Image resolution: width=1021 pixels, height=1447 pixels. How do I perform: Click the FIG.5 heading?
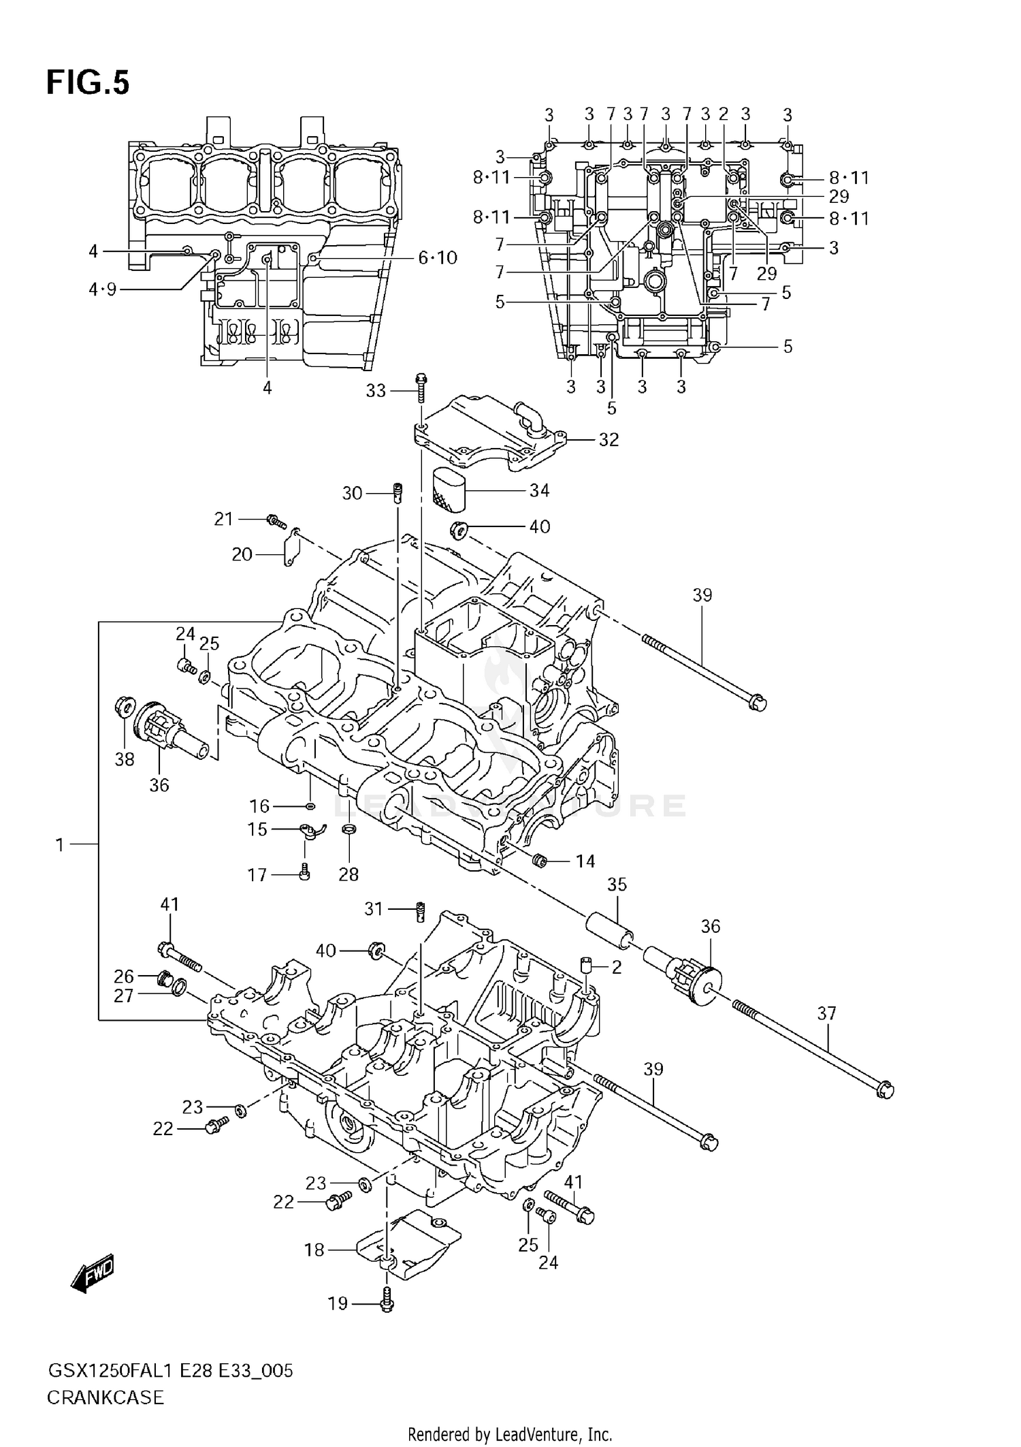pos(87,83)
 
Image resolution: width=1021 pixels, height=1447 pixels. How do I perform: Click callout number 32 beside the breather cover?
pos(609,440)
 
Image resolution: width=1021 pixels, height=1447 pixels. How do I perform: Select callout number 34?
pos(539,490)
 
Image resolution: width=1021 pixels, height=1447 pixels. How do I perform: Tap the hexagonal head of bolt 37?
pos(885,1090)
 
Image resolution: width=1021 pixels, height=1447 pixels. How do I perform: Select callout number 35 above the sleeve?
pos(617,885)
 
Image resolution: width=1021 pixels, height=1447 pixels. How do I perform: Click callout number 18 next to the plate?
pos(314,1250)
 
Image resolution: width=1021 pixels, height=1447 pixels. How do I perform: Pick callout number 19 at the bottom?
pos(338,1303)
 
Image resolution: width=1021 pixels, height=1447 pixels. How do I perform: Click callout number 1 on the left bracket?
pos(60,845)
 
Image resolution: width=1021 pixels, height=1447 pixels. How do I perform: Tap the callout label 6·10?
pos(438,258)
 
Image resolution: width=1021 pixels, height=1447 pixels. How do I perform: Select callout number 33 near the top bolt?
pos(376,391)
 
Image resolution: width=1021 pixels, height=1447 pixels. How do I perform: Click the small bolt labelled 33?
pos(421,385)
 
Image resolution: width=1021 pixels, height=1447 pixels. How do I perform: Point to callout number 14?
pos(585,861)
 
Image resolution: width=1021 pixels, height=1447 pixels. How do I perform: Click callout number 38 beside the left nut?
pos(125,759)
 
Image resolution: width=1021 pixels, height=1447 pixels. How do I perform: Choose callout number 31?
pos(374,909)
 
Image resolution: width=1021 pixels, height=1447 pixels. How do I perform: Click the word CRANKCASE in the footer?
pos(106,1398)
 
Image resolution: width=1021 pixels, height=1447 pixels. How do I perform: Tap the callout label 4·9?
pos(102,290)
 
